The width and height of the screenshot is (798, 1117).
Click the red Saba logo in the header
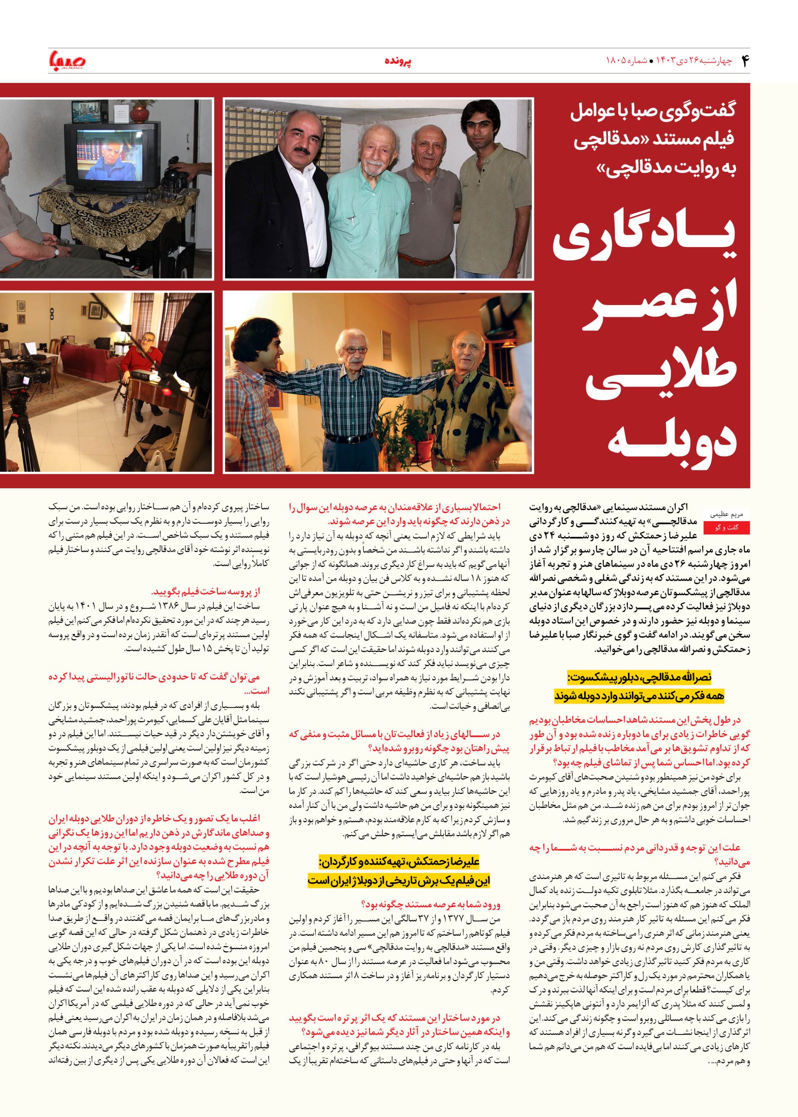(67, 62)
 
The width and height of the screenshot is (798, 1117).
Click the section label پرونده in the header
(398, 62)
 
